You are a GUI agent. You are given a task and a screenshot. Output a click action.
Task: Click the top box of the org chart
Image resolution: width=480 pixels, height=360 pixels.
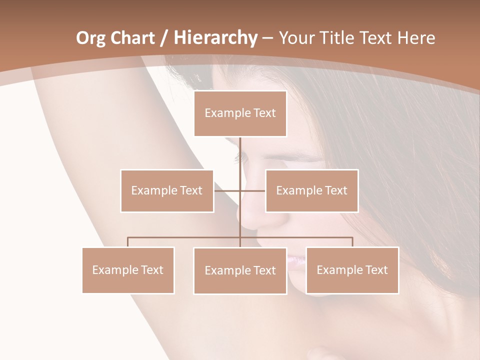(x=240, y=113)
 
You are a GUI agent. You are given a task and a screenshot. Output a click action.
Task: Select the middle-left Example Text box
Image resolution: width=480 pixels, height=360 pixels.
(x=167, y=190)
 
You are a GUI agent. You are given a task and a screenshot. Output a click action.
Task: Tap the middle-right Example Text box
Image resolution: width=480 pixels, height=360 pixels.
(x=311, y=190)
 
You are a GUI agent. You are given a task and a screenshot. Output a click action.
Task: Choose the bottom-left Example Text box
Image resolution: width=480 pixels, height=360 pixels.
(x=128, y=270)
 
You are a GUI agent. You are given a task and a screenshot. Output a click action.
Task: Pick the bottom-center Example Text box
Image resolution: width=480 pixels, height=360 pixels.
(x=240, y=270)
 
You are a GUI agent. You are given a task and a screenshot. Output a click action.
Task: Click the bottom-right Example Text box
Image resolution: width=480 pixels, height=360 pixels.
(x=352, y=270)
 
